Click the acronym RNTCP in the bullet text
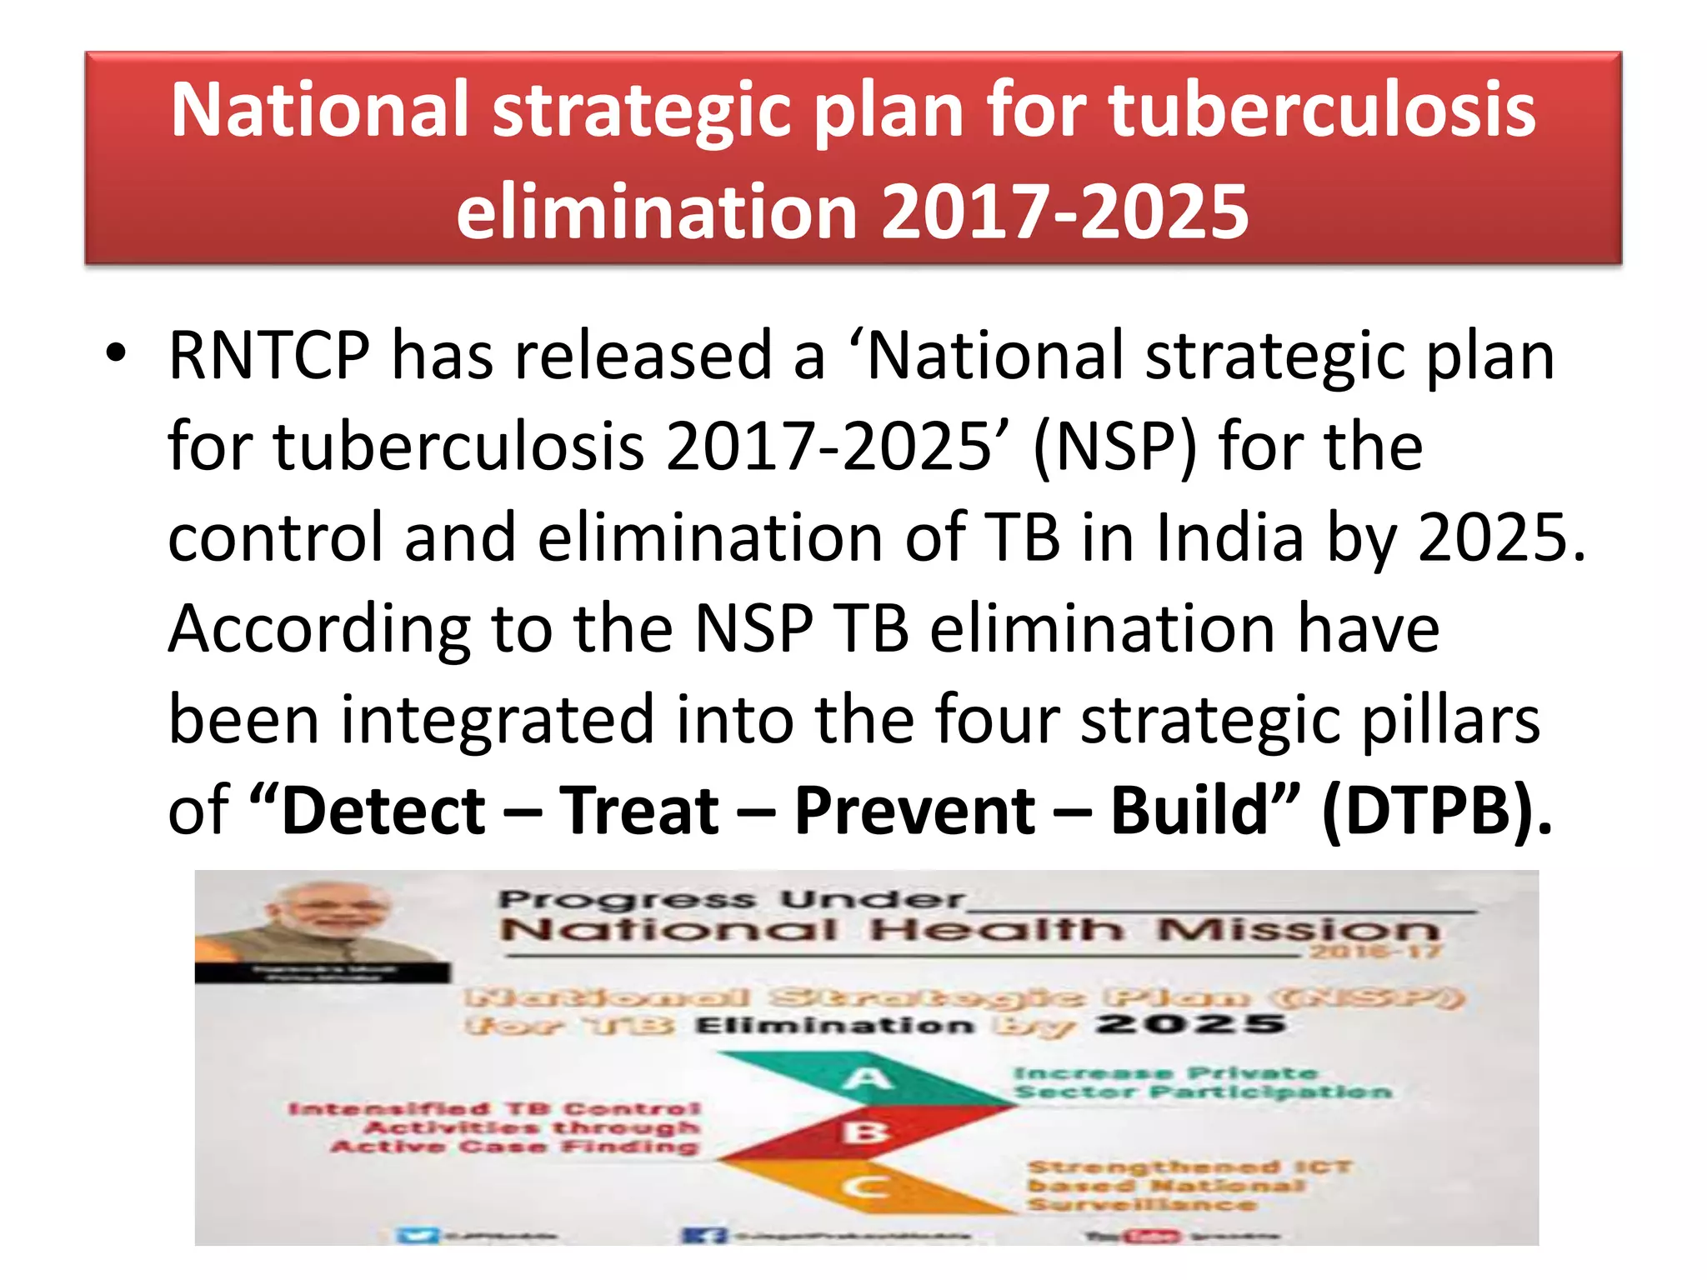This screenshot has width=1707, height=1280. pos(268,357)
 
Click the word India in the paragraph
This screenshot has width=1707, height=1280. pos(1229,537)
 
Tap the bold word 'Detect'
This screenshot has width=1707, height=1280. pos(383,811)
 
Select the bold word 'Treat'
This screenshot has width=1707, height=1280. pos(638,811)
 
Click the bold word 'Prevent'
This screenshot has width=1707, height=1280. pos(914,811)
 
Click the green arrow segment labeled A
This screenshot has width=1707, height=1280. pos(867,1079)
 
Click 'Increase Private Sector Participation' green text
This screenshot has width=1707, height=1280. pos(1200,1082)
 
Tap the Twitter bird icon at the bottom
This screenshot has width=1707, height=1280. pos(417,1235)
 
